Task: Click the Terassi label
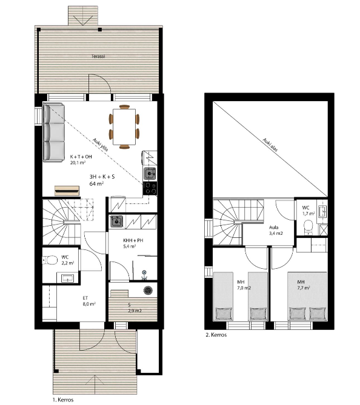pyautogui.click(x=99, y=56)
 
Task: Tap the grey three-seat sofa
pyautogui.click(x=54, y=133)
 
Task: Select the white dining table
pyautogui.click(x=124, y=127)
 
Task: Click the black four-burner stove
pyautogui.click(x=150, y=188)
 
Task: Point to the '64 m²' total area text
pyautogui.click(x=96, y=183)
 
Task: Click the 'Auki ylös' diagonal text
pyautogui.click(x=101, y=145)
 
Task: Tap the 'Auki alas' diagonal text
pyautogui.click(x=270, y=145)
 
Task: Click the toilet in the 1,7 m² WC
pyautogui.click(x=308, y=227)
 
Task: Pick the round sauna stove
pyautogui.click(x=148, y=290)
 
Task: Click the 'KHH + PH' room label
pyautogui.click(x=133, y=240)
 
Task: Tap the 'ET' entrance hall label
pyautogui.click(x=85, y=298)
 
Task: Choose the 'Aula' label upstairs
pyautogui.click(x=273, y=228)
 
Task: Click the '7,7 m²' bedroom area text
pyautogui.click(x=304, y=288)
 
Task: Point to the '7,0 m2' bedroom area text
pyautogui.click(x=244, y=288)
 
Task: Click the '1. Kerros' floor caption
pyautogui.click(x=63, y=400)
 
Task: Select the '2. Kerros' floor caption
pyautogui.click(x=216, y=335)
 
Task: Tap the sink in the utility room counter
pyautogui.click(x=116, y=222)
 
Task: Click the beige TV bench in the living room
pyautogui.click(x=67, y=191)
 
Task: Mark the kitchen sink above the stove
pyautogui.click(x=150, y=174)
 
